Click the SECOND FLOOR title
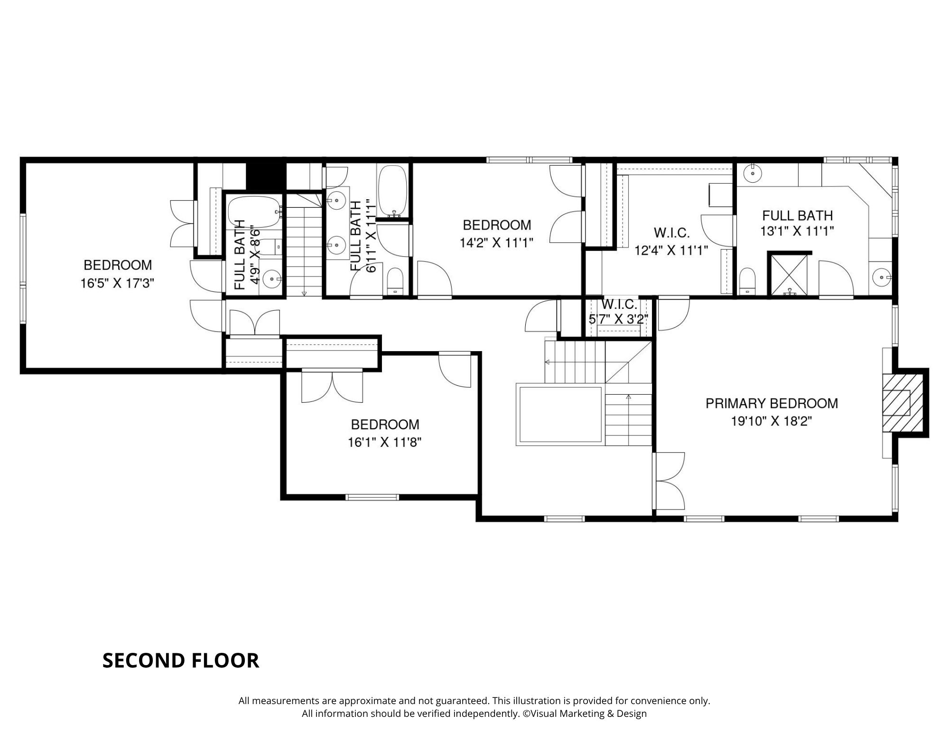point(181,660)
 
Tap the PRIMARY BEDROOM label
point(772,403)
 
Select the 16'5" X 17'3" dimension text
point(118,283)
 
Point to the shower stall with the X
point(789,275)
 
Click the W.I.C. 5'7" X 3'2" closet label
point(619,312)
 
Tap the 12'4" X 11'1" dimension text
point(671,250)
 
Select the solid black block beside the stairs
point(266,176)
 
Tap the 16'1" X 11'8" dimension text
point(385,442)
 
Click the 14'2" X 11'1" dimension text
point(497,243)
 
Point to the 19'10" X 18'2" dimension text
point(772,421)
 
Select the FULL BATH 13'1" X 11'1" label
point(798,223)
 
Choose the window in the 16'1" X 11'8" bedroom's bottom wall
point(372,497)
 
